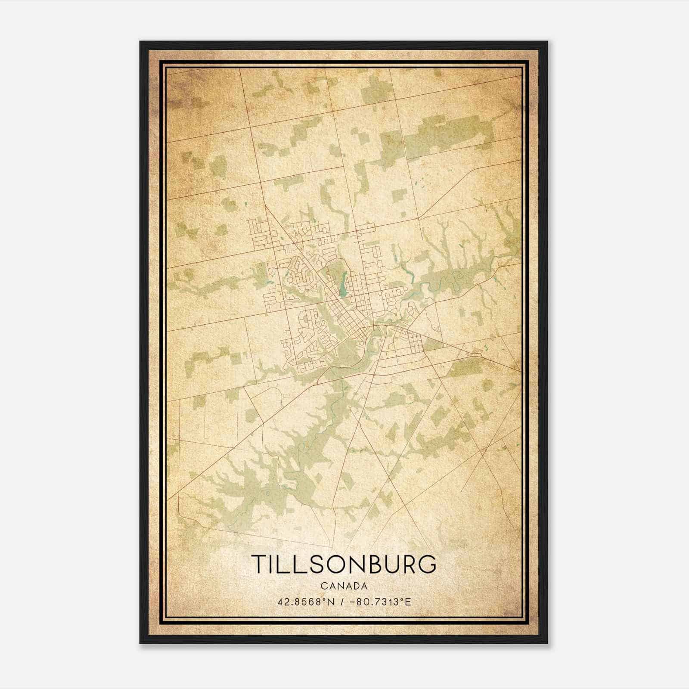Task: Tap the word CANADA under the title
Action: pos(344,586)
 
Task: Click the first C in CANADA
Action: pos(323,586)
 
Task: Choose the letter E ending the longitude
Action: pos(408,602)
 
